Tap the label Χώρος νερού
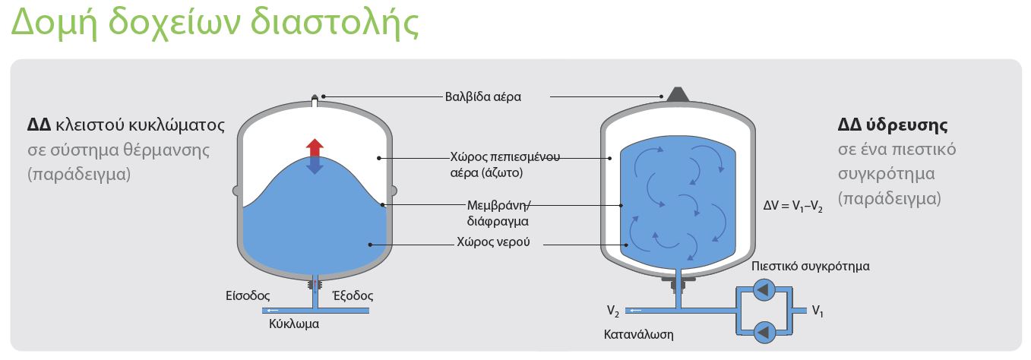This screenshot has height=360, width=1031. (x=493, y=245)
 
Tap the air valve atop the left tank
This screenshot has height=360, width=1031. (x=315, y=99)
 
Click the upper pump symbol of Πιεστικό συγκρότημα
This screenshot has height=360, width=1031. (x=764, y=290)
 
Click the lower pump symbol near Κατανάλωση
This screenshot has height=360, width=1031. (x=764, y=331)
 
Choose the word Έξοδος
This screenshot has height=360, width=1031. (x=353, y=295)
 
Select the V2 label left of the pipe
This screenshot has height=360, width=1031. (x=612, y=311)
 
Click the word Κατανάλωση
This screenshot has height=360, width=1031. (x=638, y=334)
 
